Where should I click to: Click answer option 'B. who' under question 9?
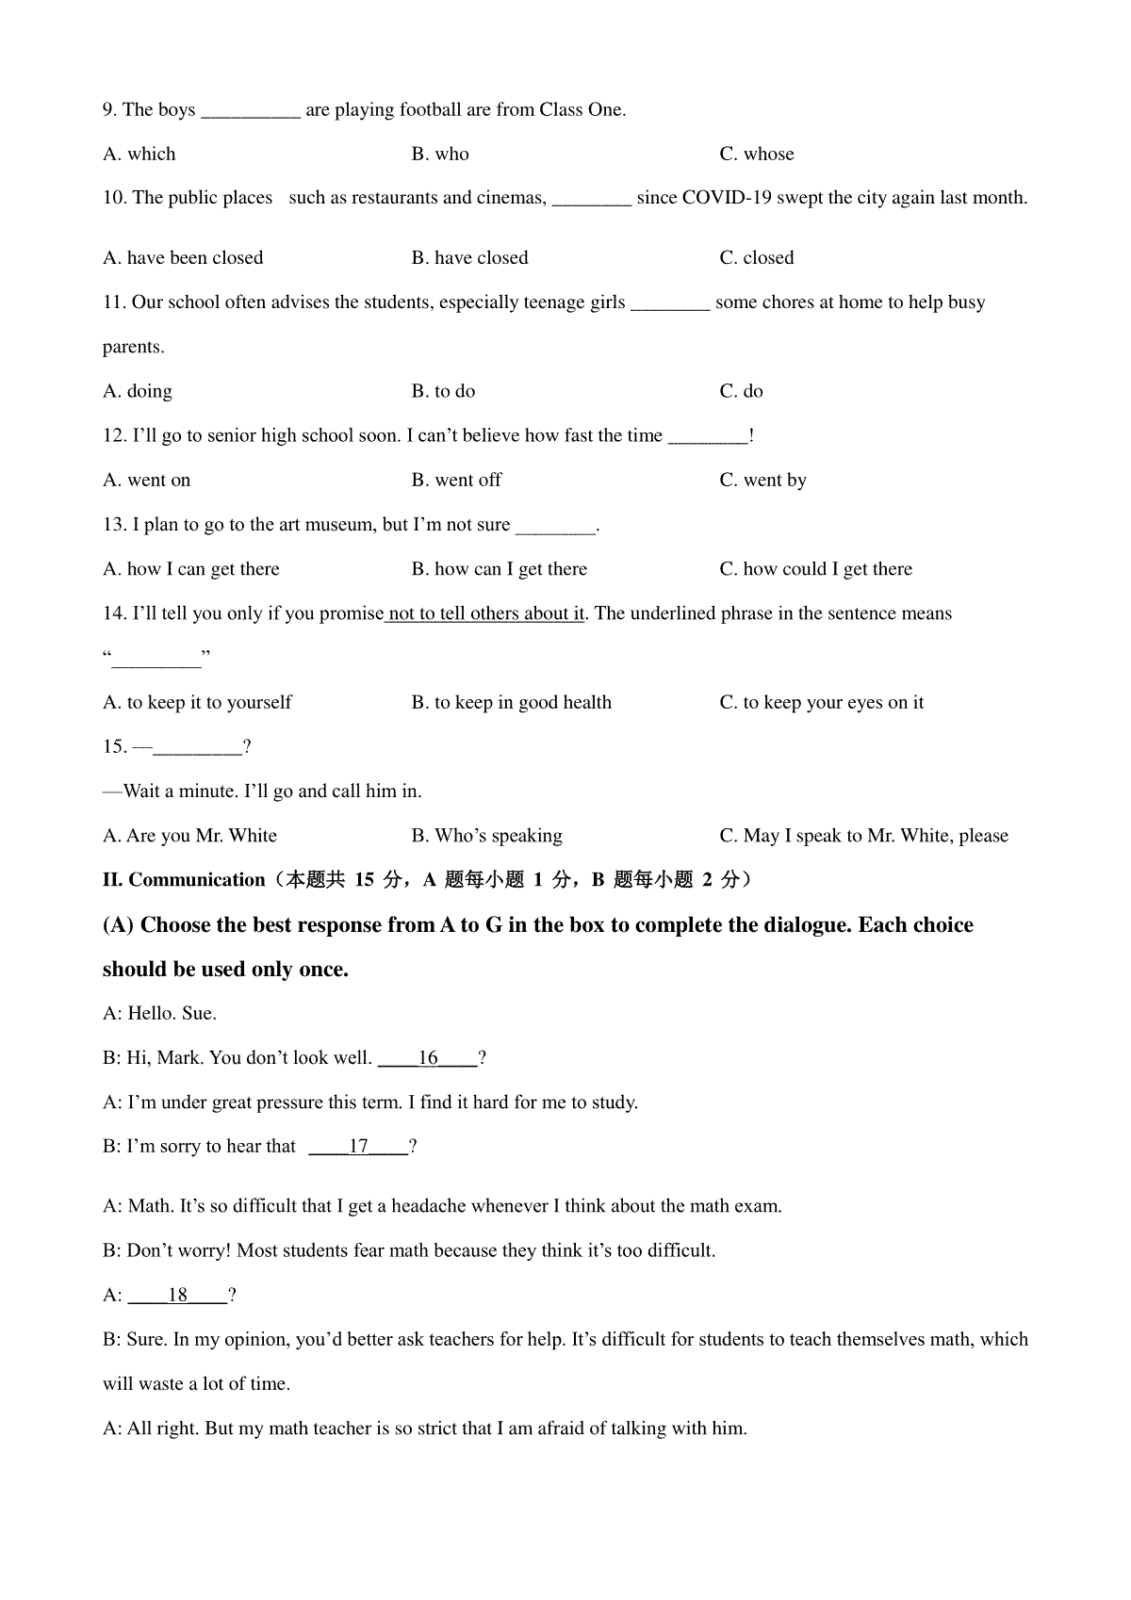tap(440, 154)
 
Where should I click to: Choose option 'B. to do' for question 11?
tap(443, 391)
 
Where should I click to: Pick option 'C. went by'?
tap(762, 480)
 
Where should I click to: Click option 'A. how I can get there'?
tap(191, 569)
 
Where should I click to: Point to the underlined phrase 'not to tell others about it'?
tap(486, 613)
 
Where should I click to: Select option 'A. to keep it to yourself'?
tap(197, 702)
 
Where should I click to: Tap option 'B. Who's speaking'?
tap(486, 836)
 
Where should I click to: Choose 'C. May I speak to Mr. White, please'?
tap(863, 836)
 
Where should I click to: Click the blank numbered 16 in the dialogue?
tap(428, 1058)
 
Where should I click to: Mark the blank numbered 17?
tap(358, 1147)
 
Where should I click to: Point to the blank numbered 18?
tap(178, 1296)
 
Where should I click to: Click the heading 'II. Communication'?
tap(184, 880)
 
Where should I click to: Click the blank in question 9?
tap(251, 111)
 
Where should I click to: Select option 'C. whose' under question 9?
tap(756, 154)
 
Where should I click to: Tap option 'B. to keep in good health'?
tap(511, 702)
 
